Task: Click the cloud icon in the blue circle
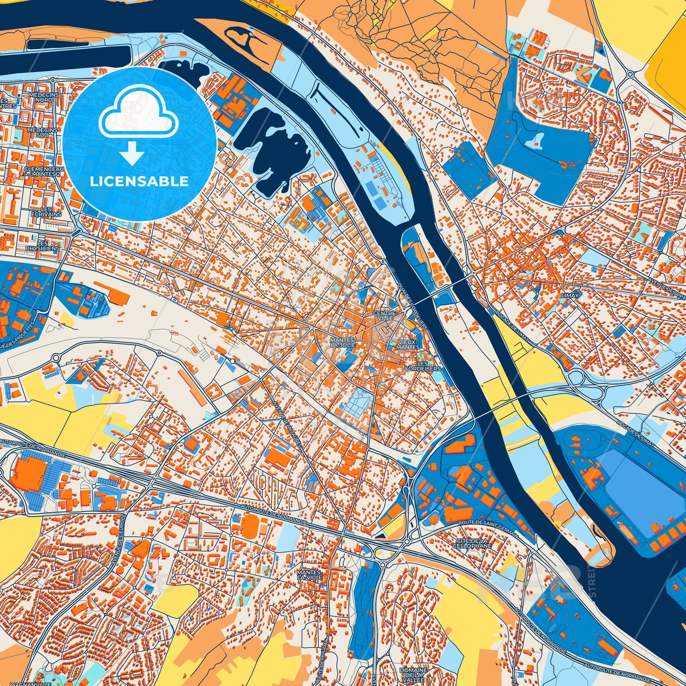pyautogui.click(x=138, y=114)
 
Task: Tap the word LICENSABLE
pyautogui.click(x=140, y=181)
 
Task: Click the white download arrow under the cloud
pyautogui.click(x=132, y=154)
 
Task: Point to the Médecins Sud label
pyautogui.click(x=42, y=132)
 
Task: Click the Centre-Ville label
pyautogui.click(x=384, y=316)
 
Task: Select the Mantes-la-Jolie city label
pyautogui.click(x=343, y=343)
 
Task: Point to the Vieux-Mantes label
pyautogui.click(x=408, y=344)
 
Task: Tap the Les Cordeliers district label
pyautogui.click(x=423, y=366)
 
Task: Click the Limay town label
pyautogui.click(x=570, y=295)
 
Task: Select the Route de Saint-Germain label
pyautogui.click(x=489, y=527)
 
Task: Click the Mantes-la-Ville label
pyautogui.click(x=309, y=575)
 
